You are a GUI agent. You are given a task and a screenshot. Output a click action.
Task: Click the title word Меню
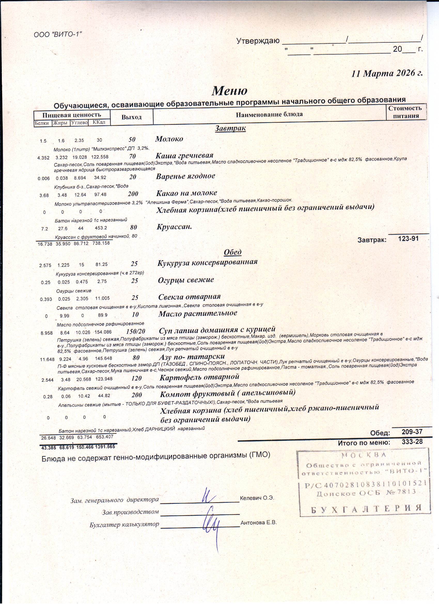230,91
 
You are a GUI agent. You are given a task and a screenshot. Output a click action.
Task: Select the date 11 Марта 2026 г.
387,73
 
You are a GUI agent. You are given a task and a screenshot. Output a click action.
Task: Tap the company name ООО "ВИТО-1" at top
58,34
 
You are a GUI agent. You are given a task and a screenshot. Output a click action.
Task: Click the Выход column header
131,117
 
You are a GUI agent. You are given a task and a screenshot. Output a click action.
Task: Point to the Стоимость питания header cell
405,112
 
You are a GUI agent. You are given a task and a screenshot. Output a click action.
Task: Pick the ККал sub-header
99,122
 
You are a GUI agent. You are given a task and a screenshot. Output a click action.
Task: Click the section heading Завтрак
230,128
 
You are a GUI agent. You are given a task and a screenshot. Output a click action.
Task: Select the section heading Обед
233,252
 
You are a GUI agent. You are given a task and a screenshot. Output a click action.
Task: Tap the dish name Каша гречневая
184,156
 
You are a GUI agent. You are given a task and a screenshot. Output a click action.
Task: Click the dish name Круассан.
174,227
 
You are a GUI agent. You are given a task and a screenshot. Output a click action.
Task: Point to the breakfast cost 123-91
408,239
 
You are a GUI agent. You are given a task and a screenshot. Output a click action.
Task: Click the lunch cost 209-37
412,432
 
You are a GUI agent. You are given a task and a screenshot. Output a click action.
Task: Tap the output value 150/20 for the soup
136,331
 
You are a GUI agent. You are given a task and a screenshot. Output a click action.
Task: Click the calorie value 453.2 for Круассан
101,228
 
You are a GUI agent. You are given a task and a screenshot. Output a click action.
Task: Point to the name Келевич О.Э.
257,498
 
